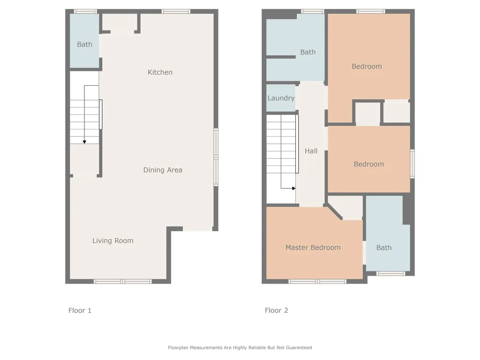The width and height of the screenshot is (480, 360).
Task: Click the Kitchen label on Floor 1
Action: [x=160, y=72]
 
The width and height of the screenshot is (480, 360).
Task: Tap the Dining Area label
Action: [x=163, y=170]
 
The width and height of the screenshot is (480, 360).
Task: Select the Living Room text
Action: [x=113, y=240]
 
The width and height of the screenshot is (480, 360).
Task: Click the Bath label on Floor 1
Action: [x=84, y=45]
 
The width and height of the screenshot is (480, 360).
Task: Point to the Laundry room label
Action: [x=281, y=98]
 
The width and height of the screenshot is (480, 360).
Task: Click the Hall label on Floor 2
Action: [x=311, y=151]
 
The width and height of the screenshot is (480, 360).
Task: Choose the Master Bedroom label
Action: [x=313, y=247]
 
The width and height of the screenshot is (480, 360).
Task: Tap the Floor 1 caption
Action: [x=80, y=310]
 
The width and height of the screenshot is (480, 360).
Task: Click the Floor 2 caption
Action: [x=277, y=310]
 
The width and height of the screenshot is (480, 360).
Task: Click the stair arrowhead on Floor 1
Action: [x=84, y=142]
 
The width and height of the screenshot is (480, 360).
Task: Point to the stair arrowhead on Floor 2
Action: [x=294, y=188]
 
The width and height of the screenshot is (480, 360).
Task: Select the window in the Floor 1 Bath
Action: [x=85, y=12]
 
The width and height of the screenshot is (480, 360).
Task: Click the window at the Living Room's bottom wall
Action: [x=123, y=281]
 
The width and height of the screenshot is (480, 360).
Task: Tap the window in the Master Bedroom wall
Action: [x=317, y=281]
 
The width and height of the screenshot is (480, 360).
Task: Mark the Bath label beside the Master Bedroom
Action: [x=384, y=247]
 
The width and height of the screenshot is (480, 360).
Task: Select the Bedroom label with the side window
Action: [x=369, y=164]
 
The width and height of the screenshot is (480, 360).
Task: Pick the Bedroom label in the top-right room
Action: [x=367, y=67]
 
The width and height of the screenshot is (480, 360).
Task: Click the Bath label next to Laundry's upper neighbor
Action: [x=308, y=52]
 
